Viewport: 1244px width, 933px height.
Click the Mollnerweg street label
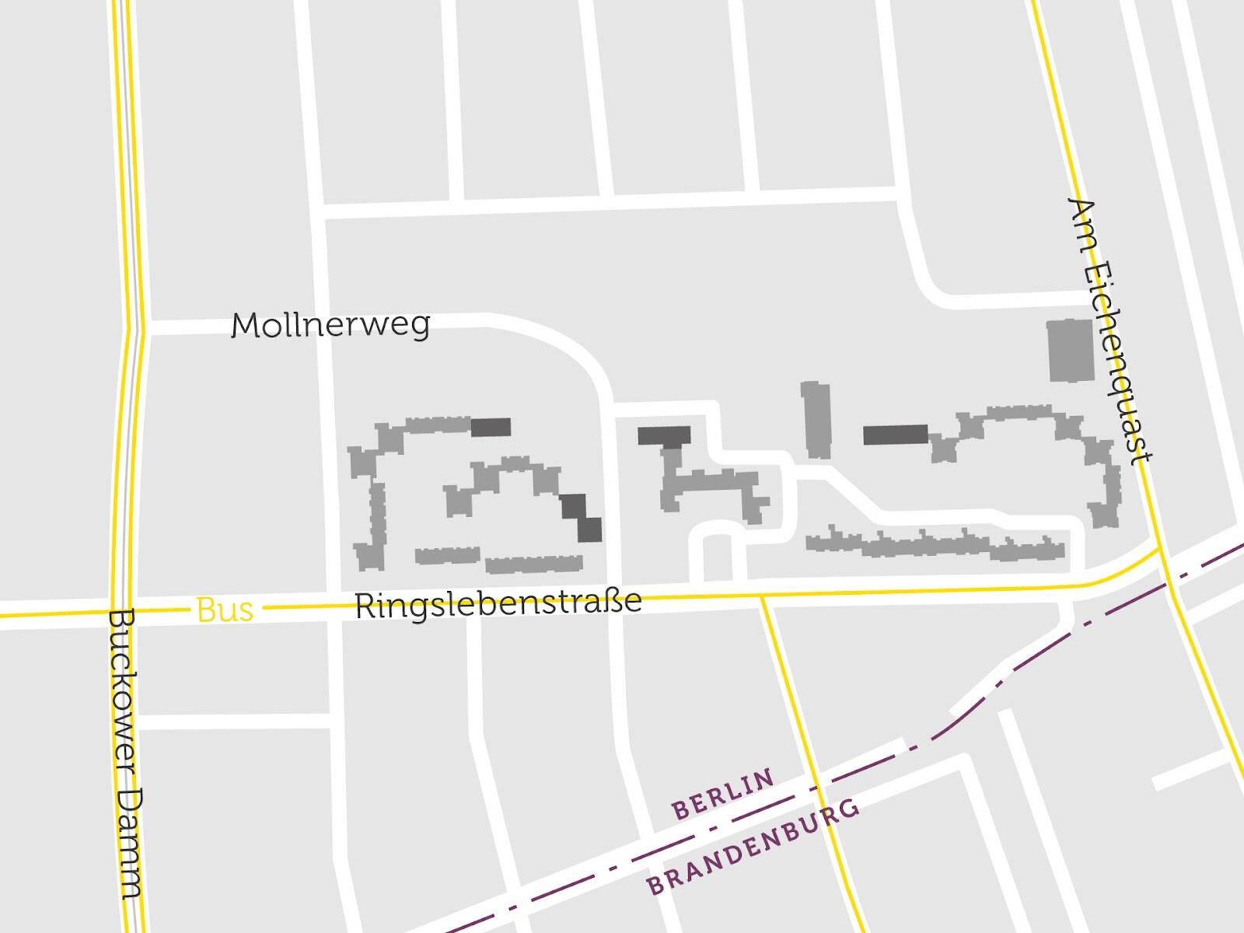pyautogui.click(x=330, y=325)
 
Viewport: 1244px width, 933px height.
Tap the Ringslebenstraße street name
pyautogui.click(x=498, y=603)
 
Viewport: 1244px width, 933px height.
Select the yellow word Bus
pyautogui.click(x=225, y=610)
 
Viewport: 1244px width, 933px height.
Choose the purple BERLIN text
pyautogui.click(x=723, y=794)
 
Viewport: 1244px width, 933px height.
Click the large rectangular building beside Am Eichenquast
pyautogui.click(x=1071, y=351)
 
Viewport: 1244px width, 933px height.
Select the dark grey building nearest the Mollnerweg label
pyautogui.click(x=491, y=427)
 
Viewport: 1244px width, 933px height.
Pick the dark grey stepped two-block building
pyautogui.click(x=582, y=517)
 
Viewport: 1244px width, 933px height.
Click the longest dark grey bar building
pyautogui.click(x=896, y=435)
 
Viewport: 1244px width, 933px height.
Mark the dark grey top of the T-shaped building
pyautogui.click(x=664, y=435)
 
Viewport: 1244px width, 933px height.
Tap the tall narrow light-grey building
pyautogui.click(x=816, y=419)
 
